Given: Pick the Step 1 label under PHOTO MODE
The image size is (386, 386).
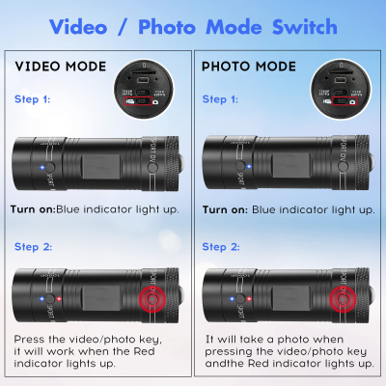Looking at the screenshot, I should (x=223, y=99).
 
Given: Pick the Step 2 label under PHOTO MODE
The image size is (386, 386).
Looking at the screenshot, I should (x=223, y=246).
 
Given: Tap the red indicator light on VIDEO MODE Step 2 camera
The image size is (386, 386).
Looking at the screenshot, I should (x=61, y=297).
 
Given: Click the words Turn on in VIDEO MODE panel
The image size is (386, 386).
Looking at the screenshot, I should (x=33, y=208).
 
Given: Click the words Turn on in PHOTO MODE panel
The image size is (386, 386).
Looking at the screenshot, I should (x=225, y=208).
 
